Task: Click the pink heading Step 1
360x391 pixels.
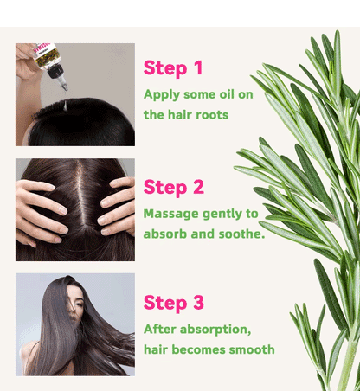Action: click(x=173, y=68)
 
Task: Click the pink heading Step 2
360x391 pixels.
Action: click(x=173, y=187)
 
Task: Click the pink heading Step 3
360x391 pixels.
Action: click(x=173, y=303)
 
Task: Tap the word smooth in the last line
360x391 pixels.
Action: click(x=250, y=349)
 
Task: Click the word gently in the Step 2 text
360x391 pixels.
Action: click(x=222, y=212)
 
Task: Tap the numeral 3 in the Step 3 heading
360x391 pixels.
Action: click(x=198, y=303)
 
